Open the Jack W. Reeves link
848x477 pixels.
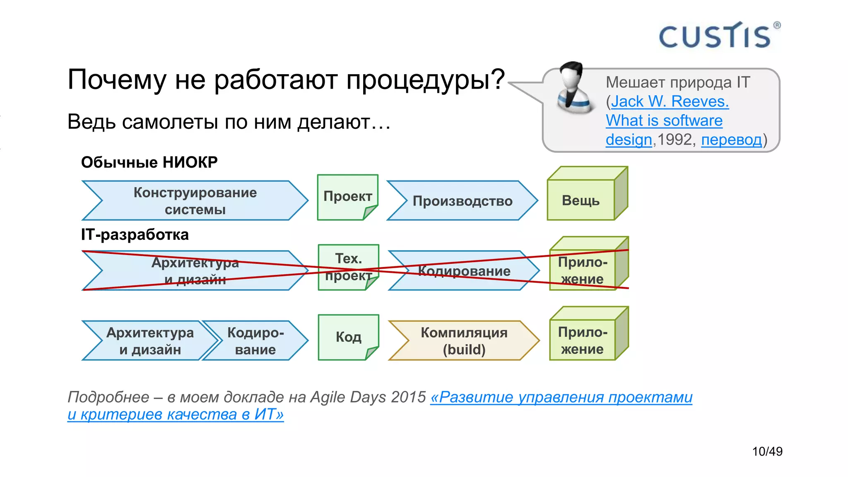pyautogui.click(x=670, y=101)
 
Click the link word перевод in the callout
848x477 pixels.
pyautogui.click(x=731, y=140)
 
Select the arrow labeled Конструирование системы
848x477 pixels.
pyautogui.click(x=195, y=201)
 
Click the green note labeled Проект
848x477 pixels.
pyautogui.click(x=347, y=197)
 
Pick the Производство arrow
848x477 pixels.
pyautogui.click(x=462, y=201)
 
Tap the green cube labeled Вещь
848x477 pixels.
pyautogui.click(x=581, y=200)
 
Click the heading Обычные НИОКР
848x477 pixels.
pyautogui.click(x=149, y=162)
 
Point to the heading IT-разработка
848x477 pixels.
pyautogui.click(x=135, y=235)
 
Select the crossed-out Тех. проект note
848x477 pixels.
pyautogui.click(x=348, y=267)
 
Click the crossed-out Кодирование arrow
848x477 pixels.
pyautogui.click(x=464, y=271)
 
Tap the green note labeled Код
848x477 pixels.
pyautogui.click(x=348, y=337)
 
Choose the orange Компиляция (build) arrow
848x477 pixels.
pyautogui.click(x=464, y=341)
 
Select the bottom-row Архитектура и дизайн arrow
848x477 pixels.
pyautogui.click(x=150, y=341)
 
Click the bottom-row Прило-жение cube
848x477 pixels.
pyautogui.click(x=583, y=340)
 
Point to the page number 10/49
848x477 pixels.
pyautogui.click(x=767, y=451)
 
